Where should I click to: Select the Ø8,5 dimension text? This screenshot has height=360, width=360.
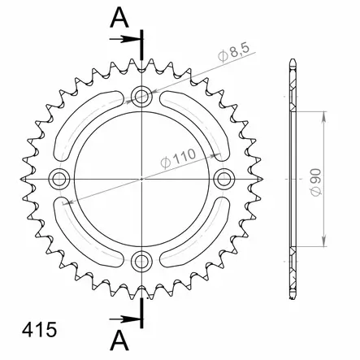click(235, 56)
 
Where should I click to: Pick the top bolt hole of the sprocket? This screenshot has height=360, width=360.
click(143, 97)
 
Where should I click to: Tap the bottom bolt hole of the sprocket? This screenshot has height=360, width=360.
click(143, 261)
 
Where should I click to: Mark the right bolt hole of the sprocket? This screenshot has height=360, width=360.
click(225, 178)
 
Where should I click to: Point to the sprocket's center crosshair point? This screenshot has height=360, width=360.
click(143, 178)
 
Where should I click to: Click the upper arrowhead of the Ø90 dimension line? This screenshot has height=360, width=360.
click(325, 114)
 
